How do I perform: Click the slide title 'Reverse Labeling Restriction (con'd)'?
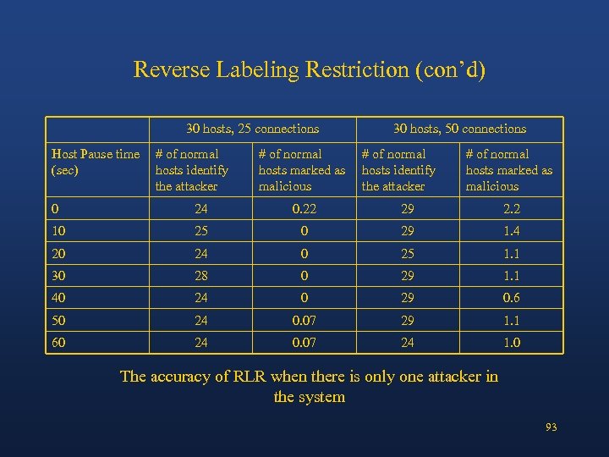pos(310,69)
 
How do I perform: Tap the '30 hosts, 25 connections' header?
pos(252,129)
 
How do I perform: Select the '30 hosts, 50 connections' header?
pos(459,129)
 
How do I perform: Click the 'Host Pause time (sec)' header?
pos(95,162)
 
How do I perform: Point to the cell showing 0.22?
pos(304,209)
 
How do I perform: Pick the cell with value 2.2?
pos(511,209)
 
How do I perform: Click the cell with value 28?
pos(200,276)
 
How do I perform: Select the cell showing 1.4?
pos(511,231)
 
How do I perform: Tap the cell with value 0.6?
pos(511,298)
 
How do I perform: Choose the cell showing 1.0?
pos(511,343)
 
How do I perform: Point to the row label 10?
pos(58,231)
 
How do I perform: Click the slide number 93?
pos(551,427)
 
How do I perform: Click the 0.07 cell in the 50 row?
pos(304,321)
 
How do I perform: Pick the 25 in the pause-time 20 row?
pos(408,254)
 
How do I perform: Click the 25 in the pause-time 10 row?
pos(200,231)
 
